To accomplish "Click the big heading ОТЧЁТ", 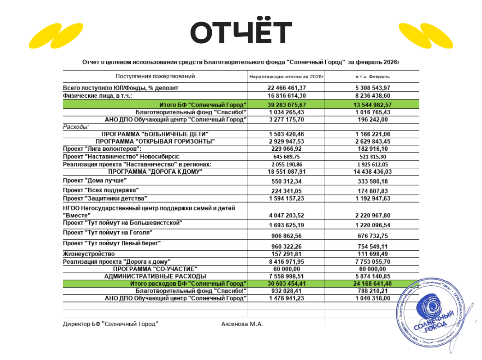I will click(241, 32).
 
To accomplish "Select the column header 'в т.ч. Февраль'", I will click(372, 77).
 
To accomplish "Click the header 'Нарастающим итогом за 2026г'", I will click(286, 77).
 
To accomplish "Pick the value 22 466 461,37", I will click(286, 88).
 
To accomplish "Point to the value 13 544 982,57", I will click(372, 104).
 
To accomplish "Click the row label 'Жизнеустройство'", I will click(86, 254).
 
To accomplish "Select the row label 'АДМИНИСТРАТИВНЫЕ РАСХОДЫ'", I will click(155, 276).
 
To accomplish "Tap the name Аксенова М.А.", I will click(242, 324).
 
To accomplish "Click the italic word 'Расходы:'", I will click(76, 127).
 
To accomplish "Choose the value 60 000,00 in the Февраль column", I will click(372, 269).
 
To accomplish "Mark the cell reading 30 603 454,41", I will click(286, 283).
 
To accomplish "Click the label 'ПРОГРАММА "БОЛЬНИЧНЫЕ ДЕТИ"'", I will click(155, 134).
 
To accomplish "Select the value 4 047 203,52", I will click(286, 215).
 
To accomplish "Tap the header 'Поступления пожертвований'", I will click(155, 76).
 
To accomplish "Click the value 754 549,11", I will click(372, 246).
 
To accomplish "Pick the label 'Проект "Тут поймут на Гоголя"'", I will click(107, 233).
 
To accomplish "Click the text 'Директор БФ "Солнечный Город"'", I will click(110, 324).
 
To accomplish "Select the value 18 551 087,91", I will click(286, 171).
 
